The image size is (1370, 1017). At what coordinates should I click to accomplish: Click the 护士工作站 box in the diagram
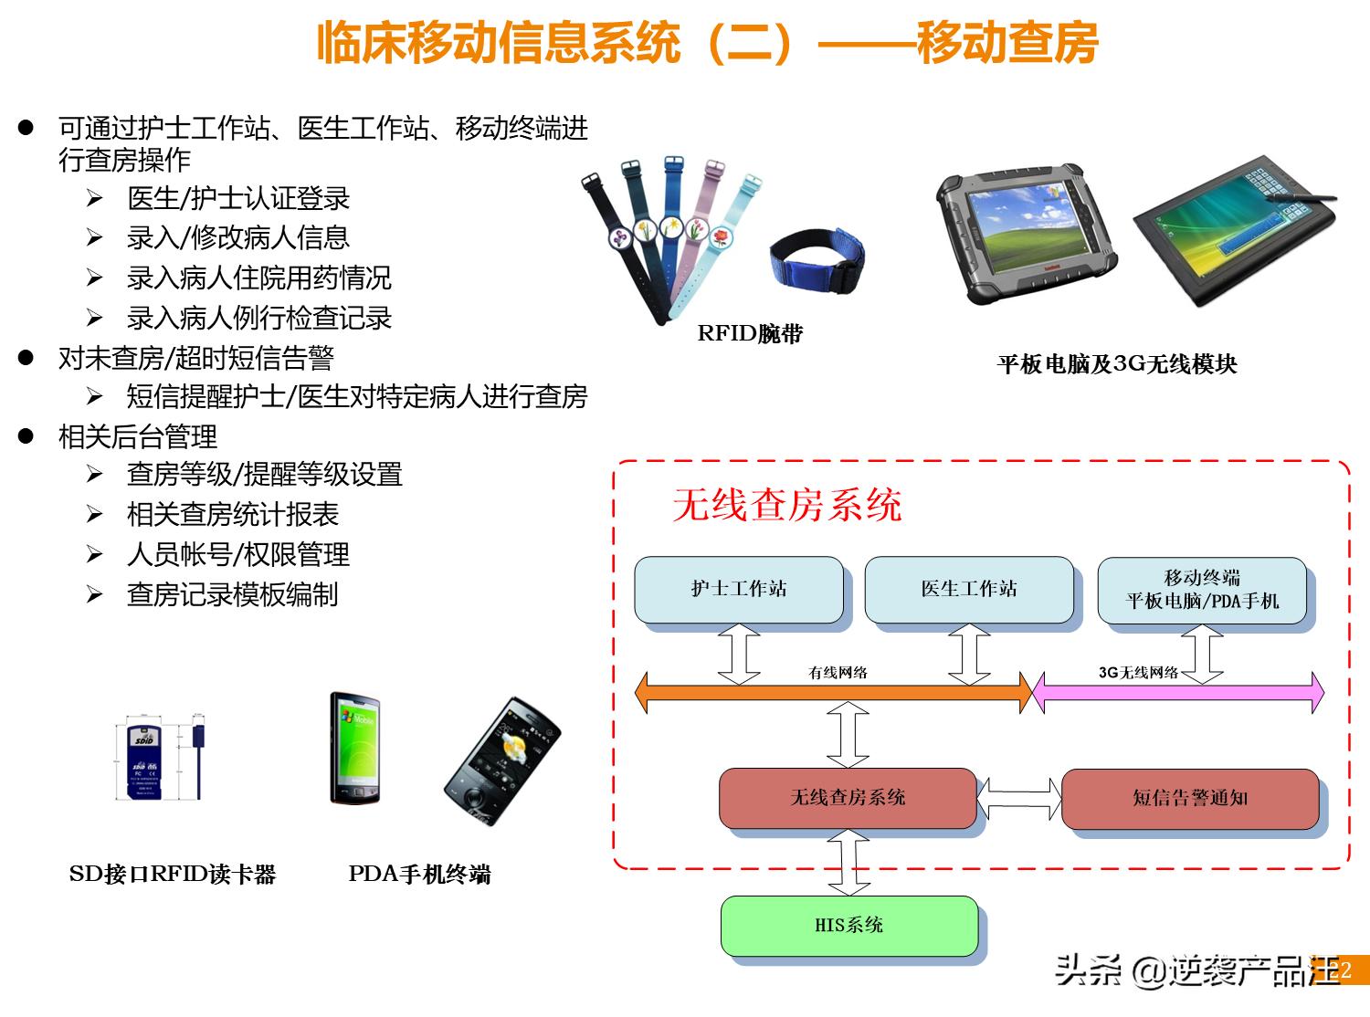coord(738,590)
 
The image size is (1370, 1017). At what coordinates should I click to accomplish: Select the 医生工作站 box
coord(968,590)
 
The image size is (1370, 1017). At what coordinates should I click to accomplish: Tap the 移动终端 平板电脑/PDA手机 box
coord(1201,590)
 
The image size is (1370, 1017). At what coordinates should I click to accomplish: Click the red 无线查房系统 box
coord(848,798)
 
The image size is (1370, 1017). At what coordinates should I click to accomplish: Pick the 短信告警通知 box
coord(1189,798)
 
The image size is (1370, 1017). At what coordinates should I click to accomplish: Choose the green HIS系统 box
coord(848,926)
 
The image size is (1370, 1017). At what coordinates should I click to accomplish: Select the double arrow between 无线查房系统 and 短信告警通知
coord(1019,798)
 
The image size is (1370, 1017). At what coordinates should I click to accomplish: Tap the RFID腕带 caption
coord(750,334)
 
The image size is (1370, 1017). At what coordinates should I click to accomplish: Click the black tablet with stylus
coord(1233,242)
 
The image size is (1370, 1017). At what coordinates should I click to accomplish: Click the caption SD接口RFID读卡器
coord(172,875)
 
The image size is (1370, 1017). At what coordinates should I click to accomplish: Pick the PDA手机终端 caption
coord(419,875)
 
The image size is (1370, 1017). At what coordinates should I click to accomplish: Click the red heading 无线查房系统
coord(786,505)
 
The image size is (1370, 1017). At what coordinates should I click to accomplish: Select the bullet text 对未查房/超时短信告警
coord(195,358)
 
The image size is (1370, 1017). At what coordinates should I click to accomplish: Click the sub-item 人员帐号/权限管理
coord(237,554)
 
